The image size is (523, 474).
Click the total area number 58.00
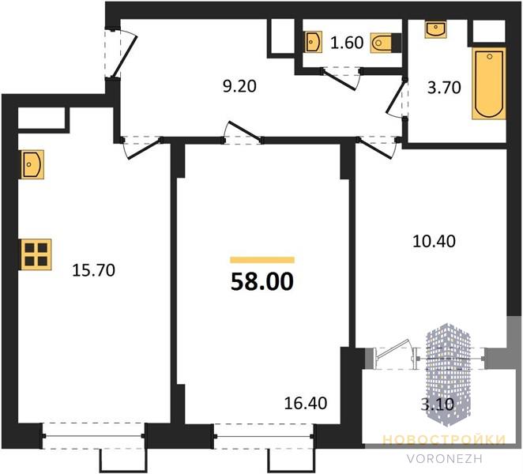(262, 282)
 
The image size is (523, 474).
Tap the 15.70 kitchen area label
(93, 270)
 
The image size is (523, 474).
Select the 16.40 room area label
(306, 403)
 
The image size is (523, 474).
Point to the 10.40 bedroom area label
(434, 241)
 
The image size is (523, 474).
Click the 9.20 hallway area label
(239, 86)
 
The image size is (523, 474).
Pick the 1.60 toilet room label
(347, 43)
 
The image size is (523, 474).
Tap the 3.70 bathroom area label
(444, 88)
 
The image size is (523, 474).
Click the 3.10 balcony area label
(437, 404)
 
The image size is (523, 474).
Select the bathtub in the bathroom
(489, 84)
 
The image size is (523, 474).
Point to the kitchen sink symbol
(32, 164)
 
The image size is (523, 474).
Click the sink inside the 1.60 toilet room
(314, 42)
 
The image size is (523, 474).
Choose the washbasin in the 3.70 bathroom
(435, 28)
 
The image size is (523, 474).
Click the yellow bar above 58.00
(262, 260)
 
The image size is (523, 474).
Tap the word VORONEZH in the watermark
(445, 459)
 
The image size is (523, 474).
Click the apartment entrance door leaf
(125, 57)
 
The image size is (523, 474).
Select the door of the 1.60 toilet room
(340, 80)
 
